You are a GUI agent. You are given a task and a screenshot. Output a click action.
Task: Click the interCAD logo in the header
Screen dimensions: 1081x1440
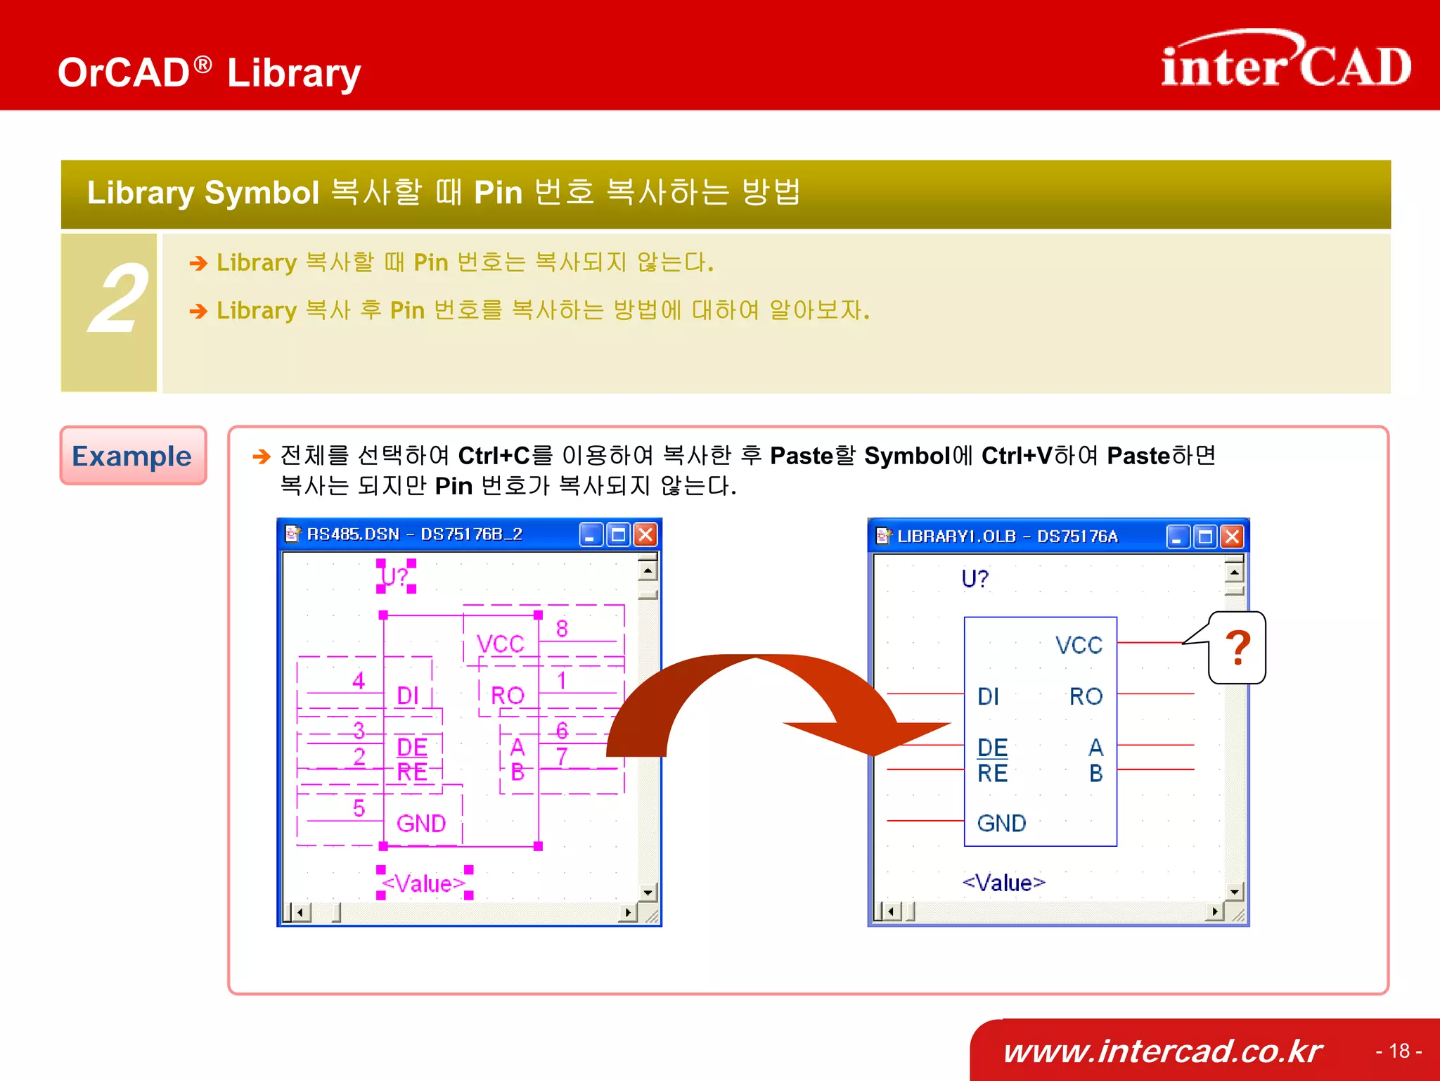(x=1285, y=62)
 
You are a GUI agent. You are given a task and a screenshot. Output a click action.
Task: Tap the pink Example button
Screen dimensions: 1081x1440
(x=133, y=456)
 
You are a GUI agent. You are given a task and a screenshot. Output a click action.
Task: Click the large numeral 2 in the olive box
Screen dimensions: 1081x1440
(x=117, y=300)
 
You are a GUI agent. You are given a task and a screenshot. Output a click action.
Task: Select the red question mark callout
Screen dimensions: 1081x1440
(x=1237, y=648)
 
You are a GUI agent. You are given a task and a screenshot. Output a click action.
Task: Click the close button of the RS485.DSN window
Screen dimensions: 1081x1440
(x=645, y=535)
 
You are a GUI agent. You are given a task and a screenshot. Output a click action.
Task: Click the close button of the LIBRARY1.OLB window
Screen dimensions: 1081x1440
(x=1232, y=537)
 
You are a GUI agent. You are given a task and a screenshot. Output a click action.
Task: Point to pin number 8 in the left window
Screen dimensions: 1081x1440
(x=562, y=629)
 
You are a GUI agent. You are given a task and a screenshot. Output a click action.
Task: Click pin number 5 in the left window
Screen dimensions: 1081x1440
(x=359, y=808)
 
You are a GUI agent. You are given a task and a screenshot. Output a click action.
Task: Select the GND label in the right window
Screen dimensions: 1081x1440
(x=1001, y=823)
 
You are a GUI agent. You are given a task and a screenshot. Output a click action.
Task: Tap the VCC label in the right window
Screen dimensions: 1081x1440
(x=1079, y=645)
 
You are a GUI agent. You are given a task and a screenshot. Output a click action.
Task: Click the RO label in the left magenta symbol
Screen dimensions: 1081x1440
(x=507, y=696)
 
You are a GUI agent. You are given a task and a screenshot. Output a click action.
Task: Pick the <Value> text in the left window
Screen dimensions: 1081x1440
(x=423, y=883)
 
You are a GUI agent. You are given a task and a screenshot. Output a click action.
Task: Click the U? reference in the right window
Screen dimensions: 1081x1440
(x=975, y=579)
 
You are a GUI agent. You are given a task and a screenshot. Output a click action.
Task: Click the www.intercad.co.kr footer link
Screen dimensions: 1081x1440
(x=1163, y=1051)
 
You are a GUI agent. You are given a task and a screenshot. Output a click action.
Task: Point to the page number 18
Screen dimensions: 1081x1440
(x=1399, y=1051)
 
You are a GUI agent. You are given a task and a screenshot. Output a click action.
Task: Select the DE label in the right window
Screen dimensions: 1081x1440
(x=992, y=747)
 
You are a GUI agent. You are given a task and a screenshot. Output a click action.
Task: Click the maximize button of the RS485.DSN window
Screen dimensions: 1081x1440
(x=619, y=535)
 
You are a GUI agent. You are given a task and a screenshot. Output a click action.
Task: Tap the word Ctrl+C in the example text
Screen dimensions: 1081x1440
(x=494, y=456)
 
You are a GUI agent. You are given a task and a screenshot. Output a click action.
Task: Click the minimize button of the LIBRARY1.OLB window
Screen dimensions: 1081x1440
(x=1178, y=537)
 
